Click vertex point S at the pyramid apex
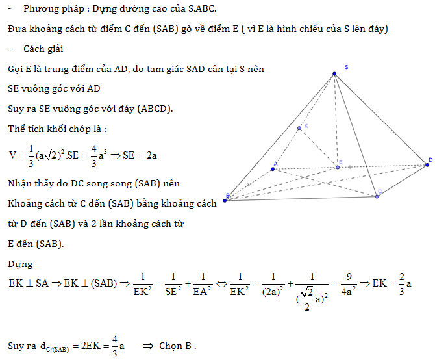[334, 73]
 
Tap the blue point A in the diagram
[273, 170]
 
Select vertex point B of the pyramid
[225, 201]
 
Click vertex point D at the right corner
[427, 165]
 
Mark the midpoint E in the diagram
[337, 167]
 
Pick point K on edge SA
[299, 128]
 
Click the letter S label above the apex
[347, 67]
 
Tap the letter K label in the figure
[306, 126]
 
